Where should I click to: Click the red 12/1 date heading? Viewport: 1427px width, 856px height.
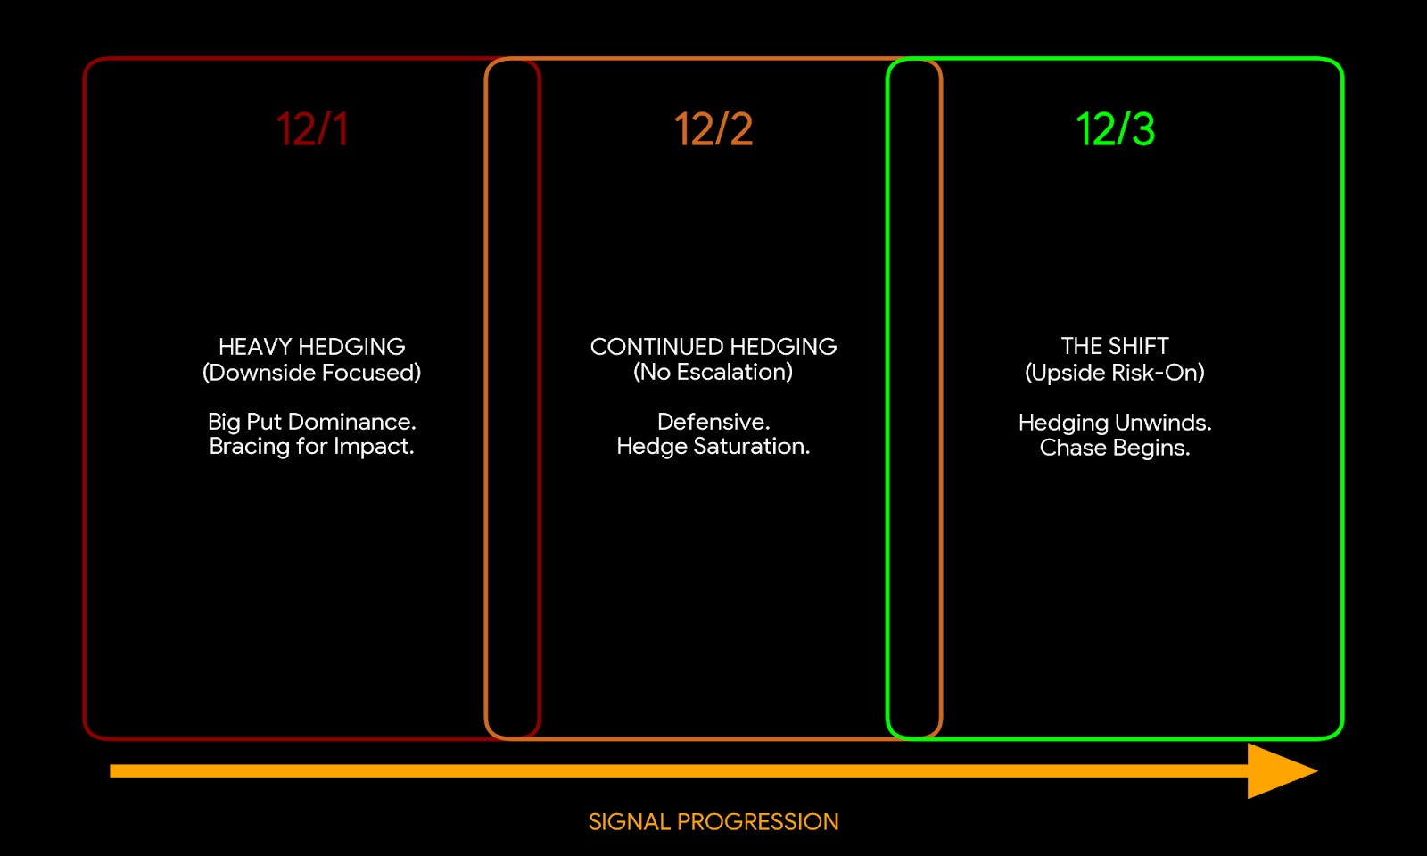coord(311,129)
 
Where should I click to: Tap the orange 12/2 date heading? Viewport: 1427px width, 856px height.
coord(713,129)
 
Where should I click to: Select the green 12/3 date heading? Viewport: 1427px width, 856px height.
coord(1115,129)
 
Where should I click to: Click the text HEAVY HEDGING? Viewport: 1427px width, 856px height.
coord(311,346)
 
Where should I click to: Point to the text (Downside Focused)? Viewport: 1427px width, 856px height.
coord(311,372)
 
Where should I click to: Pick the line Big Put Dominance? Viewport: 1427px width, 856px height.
coord(311,421)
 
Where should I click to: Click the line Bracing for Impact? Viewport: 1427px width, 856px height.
coord(311,446)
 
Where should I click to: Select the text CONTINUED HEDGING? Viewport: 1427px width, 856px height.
coord(713,346)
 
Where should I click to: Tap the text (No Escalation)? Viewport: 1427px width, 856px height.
coord(713,372)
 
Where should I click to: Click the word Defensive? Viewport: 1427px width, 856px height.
coord(713,421)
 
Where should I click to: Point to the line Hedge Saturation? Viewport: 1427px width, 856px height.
coord(713,446)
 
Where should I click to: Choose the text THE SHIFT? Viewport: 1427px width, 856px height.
coord(1115,346)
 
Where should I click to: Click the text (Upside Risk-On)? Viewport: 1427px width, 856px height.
coord(1115,372)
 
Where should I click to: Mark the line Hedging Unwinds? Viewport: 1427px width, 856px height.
coord(1115,422)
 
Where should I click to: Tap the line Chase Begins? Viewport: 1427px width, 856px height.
coord(1115,447)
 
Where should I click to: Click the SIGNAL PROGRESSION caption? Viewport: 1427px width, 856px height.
coord(713,821)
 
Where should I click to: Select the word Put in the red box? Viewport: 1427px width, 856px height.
coord(264,421)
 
